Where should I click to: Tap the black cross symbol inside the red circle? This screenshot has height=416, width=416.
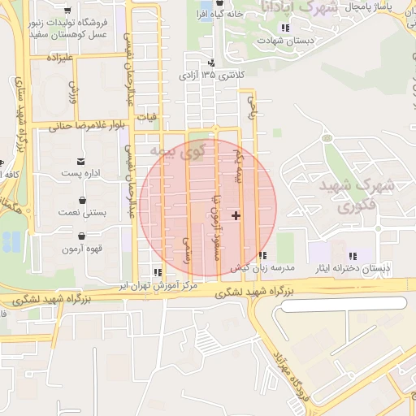coord(236,215)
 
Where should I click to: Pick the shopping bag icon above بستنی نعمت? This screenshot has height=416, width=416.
coord(81,199)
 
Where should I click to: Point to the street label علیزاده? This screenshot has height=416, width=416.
coord(61,58)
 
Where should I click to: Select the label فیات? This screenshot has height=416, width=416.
coord(146,117)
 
